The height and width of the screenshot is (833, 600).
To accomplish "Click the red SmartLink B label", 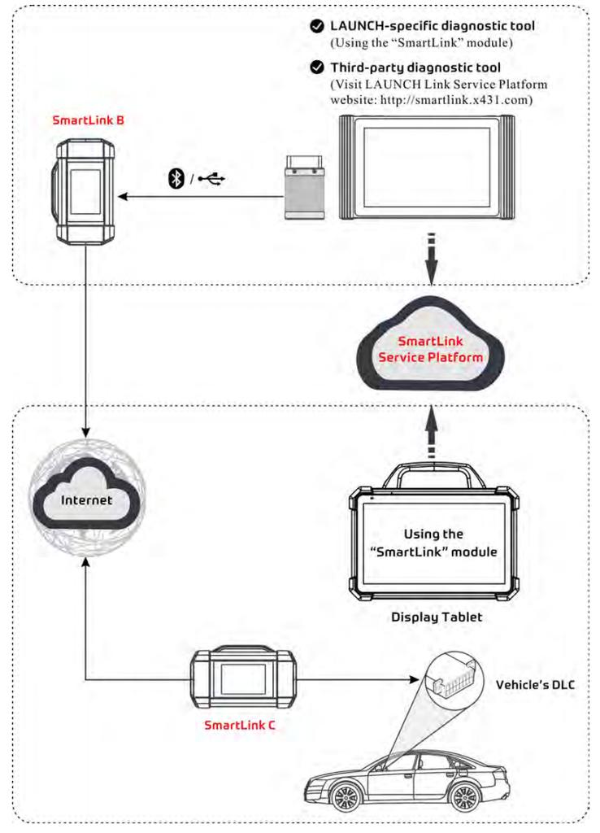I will pos(89,120).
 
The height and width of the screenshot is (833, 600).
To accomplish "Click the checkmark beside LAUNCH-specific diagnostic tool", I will pos(317,27).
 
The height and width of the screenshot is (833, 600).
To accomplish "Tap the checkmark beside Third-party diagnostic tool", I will pos(317,68).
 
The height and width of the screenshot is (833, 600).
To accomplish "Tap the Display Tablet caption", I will pos(437,617).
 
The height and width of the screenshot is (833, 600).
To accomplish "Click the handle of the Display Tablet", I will pos(436,473).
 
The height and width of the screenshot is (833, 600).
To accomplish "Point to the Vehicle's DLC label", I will pos(535,685).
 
